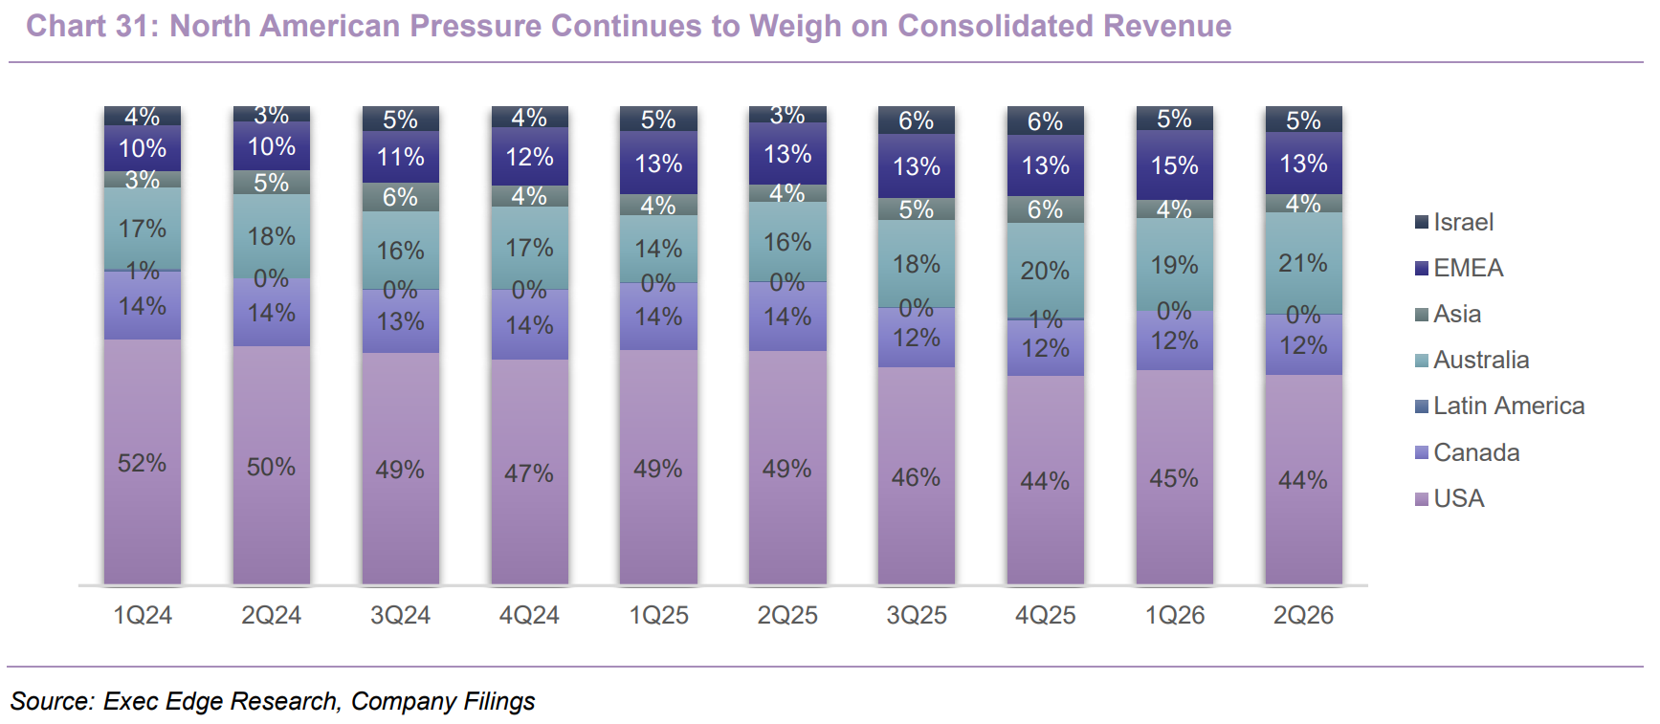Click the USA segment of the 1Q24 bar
(143, 461)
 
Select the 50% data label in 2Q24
(271, 467)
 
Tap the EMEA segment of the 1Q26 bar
(1174, 165)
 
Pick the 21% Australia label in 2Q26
(1303, 263)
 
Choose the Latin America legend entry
(1499, 406)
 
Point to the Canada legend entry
(1468, 452)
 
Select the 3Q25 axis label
(917, 615)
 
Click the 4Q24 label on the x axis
(529, 615)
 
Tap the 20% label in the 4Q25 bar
(1045, 271)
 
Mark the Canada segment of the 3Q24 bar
(401, 320)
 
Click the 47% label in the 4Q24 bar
(529, 473)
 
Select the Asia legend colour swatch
(1422, 314)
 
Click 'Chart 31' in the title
(88, 26)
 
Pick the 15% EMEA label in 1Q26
(1174, 165)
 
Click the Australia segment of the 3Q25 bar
(917, 263)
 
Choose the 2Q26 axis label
(1303, 615)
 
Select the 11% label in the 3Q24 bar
(401, 157)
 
